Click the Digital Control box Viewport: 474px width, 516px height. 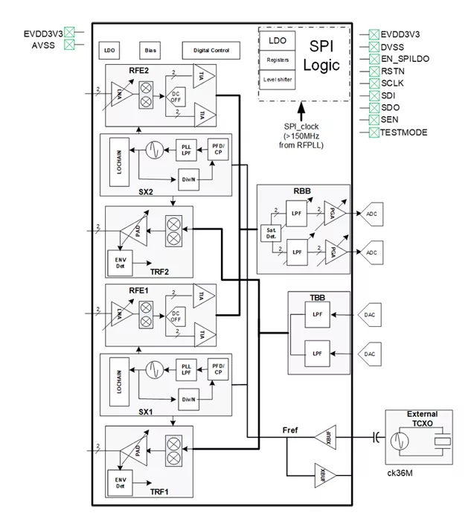(211, 51)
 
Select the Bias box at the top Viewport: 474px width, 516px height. (151, 51)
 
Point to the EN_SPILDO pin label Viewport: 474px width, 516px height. (405, 58)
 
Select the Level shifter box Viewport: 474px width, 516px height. (277, 78)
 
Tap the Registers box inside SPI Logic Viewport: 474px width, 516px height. (277, 60)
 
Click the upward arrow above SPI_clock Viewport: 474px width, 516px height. (301, 112)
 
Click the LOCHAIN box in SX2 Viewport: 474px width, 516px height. (119, 162)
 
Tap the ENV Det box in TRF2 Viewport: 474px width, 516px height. (119, 262)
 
